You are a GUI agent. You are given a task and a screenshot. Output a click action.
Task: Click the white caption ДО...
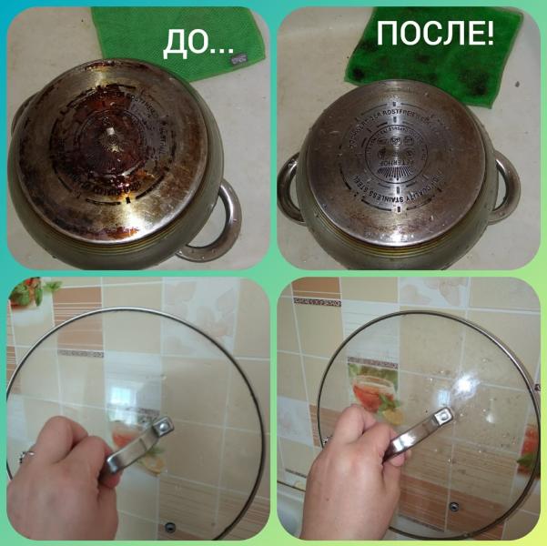(x=197, y=41)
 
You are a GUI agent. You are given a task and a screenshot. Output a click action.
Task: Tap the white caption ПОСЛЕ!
(x=436, y=35)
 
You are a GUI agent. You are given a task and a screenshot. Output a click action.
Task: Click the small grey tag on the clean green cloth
(x=238, y=61)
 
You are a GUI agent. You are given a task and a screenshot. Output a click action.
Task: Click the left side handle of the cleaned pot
(x=289, y=187)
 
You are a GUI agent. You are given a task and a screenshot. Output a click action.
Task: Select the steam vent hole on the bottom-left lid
(x=170, y=525)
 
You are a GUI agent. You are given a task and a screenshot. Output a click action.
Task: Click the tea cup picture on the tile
(x=373, y=397)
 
